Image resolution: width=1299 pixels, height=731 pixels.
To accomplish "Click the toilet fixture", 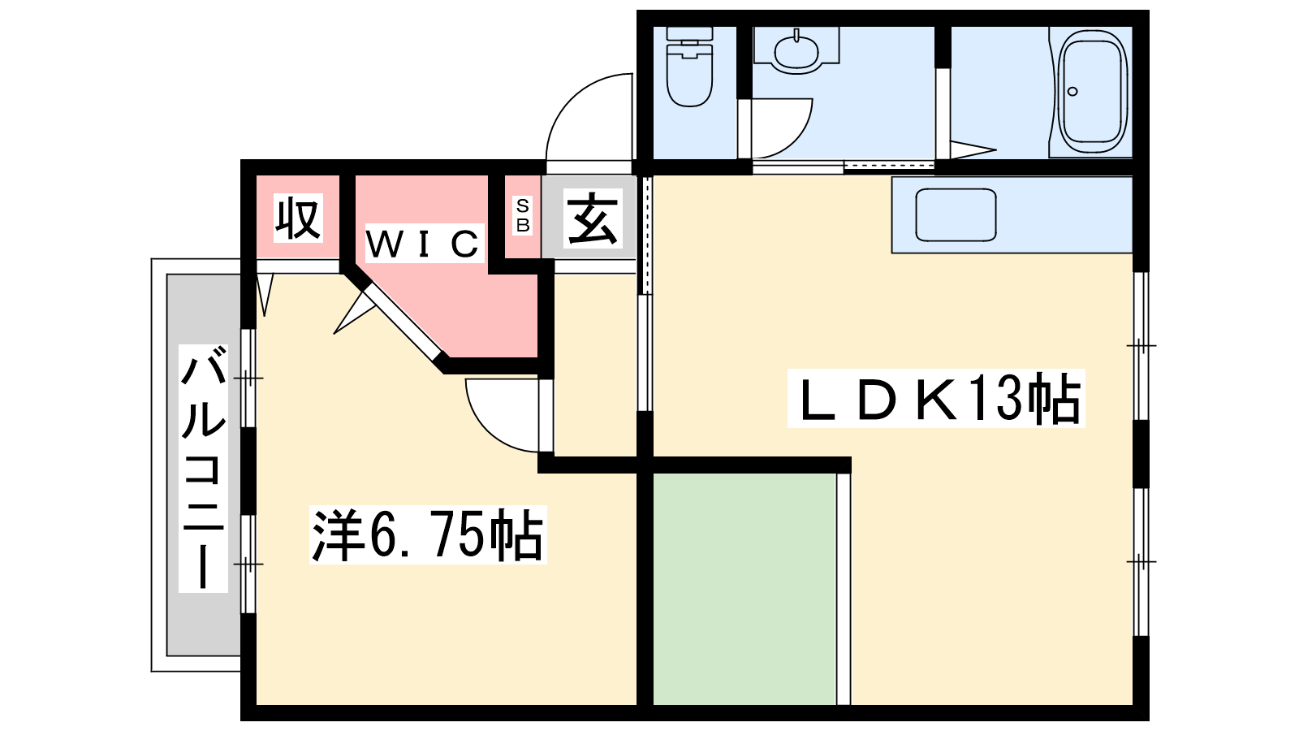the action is (x=689, y=67).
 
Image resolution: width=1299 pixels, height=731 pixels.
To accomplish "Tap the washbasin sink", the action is (x=796, y=50).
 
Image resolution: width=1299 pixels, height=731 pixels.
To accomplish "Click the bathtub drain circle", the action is (x=1072, y=92).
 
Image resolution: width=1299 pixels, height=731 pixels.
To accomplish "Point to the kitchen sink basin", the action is (x=956, y=214).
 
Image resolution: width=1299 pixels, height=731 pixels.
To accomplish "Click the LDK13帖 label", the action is (x=936, y=399).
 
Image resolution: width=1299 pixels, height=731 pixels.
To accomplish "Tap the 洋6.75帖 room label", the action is (x=428, y=534).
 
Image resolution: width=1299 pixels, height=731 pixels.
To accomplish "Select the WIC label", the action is (x=425, y=243).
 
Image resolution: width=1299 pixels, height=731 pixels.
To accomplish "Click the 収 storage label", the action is (x=298, y=218).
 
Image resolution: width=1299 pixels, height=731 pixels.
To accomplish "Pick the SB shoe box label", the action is (x=523, y=214).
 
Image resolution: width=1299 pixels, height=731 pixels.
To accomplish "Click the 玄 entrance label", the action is (x=592, y=218).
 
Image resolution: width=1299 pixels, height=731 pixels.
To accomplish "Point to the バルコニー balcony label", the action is (x=203, y=468).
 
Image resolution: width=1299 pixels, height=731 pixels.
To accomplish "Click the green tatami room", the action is (x=744, y=589).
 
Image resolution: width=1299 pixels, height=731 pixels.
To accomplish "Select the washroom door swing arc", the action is (x=782, y=128).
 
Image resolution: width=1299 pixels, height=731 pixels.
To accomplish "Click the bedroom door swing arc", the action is (x=503, y=415).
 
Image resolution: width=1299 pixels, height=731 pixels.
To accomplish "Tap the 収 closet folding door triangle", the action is (x=265, y=295).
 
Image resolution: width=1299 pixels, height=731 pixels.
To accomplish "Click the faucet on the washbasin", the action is (x=796, y=36).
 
